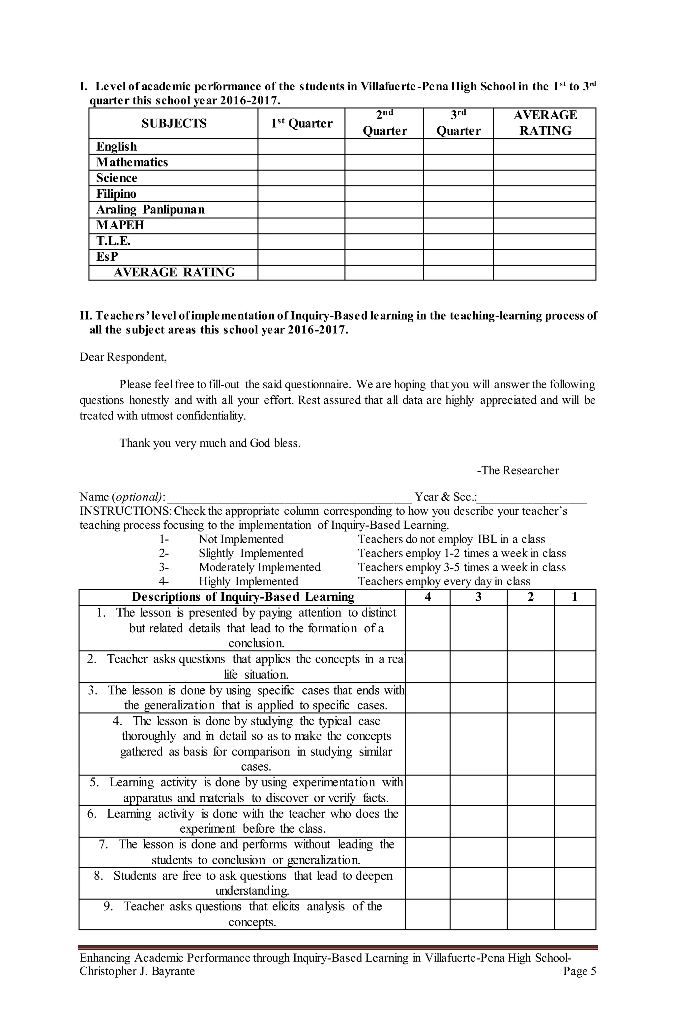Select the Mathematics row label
pos(132,162)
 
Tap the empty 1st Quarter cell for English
pos(301,147)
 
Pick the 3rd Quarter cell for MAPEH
pos(458,225)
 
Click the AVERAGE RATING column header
pos(545,123)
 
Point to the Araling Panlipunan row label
pos(150,210)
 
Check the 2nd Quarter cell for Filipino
pos(384,194)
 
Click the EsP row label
pos(107,257)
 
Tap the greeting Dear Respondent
pos(123,357)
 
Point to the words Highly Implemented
pos(248,582)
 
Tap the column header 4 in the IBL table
pos(428,597)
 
